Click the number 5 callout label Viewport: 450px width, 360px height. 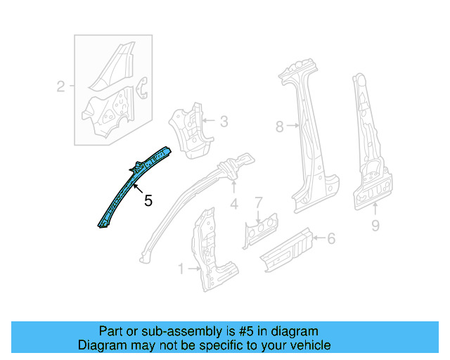tap(148, 201)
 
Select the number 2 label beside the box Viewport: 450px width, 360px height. tap(60, 87)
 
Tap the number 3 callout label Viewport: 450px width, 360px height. tap(224, 122)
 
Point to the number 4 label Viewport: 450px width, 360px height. tap(234, 205)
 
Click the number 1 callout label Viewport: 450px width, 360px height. tap(181, 269)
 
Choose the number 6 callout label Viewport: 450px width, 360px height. tap(331, 238)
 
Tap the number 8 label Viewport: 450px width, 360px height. tap(279, 127)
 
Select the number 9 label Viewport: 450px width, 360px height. tap(375, 225)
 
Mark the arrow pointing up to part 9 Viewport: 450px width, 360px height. tap(375, 208)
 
